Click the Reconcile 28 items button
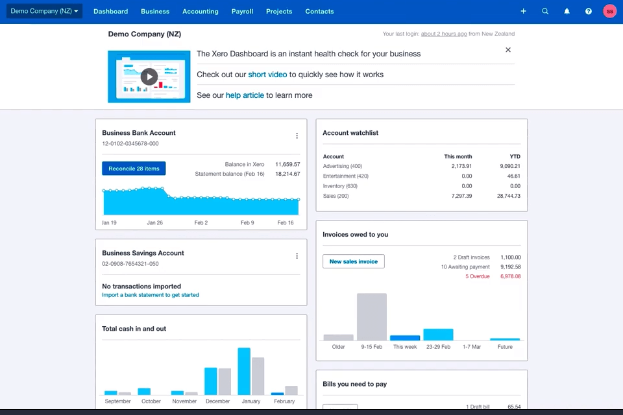click(134, 169)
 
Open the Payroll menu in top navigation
click(242, 11)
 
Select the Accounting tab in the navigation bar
click(200, 11)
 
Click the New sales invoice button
click(354, 261)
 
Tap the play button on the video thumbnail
click(149, 77)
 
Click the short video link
click(267, 75)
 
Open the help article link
click(245, 95)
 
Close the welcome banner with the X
click(508, 50)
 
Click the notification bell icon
click(567, 11)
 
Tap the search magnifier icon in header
click(545, 11)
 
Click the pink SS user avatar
click(609, 11)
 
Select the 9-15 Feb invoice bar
click(372, 316)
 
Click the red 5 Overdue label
click(477, 276)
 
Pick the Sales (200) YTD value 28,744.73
click(506, 196)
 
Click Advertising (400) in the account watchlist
click(343, 167)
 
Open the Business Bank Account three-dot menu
click(297, 136)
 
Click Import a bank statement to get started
click(151, 295)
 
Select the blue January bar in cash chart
click(244, 371)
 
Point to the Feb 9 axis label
click(247, 222)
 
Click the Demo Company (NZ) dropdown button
click(45, 11)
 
